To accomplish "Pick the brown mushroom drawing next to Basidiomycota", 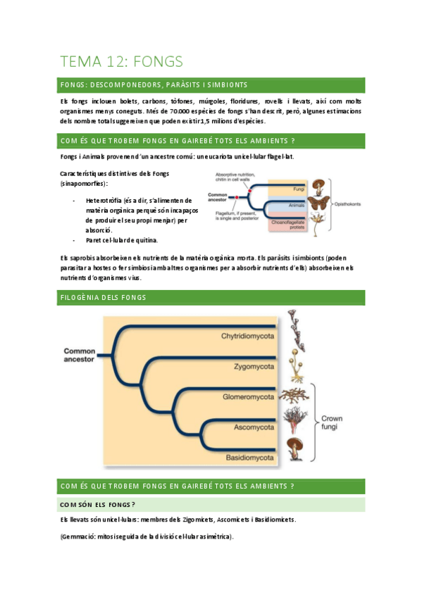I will [295, 448].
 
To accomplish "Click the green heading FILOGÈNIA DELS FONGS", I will [104, 298].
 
